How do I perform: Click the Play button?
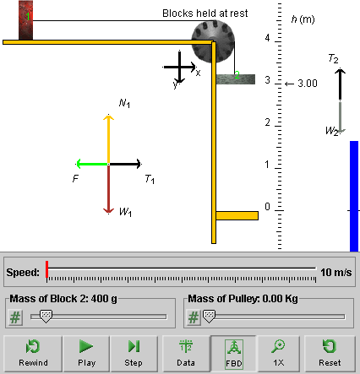(86, 354)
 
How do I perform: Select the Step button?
(134, 354)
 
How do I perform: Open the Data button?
(186, 354)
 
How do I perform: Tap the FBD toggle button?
(234, 354)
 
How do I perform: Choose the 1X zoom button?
(279, 354)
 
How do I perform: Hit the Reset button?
(330, 354)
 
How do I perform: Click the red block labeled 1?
(25, 20)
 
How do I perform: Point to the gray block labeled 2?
(236, 79)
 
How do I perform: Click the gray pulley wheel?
(213, 41)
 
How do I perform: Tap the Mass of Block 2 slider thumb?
(46, 317)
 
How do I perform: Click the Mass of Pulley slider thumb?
(209, 317)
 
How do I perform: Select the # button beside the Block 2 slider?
(15, 317)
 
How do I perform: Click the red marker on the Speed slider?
(46, 269)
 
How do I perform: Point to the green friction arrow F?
(92, 164)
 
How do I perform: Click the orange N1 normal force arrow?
(108, 139)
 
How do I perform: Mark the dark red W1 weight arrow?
(108, 189)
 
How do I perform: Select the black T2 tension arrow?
(340, 84)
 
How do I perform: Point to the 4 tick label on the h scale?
(267, 38)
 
